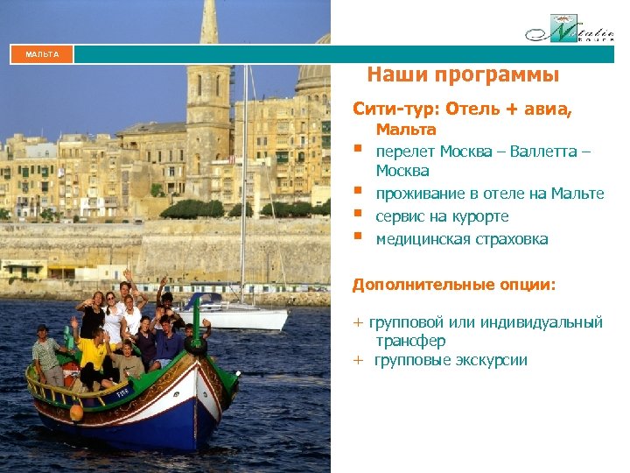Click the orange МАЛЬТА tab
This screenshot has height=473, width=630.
[x=42, y=54]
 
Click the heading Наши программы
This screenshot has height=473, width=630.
[x=463, y=75]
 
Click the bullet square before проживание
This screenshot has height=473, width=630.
[x=358, y=191]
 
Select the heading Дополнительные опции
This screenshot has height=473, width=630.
[x=453, y=285]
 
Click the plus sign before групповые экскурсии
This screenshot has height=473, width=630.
[x=357, y=360]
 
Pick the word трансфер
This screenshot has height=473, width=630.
[x=410, y=341]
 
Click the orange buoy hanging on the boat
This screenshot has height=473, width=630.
[x=75, y=411]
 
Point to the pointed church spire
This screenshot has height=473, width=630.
[x=209, y=26]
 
